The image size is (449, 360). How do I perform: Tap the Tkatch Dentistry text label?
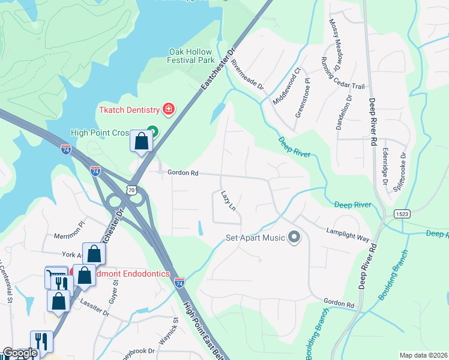click(x=130, y=110)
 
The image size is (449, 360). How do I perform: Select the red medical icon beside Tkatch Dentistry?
click(x=169, y=109)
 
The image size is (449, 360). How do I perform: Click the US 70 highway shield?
click(x=131, y=190)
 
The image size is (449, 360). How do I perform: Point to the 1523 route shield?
click(x=402, y=214)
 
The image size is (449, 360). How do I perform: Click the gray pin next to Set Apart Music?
click(x=294, y=237)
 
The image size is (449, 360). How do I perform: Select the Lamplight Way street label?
click(x=348, y=234)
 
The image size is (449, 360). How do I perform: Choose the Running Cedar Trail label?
click(x=343, y=73)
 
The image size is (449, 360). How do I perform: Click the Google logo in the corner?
click(x=20, y=353)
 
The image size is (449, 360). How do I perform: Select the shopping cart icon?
click(x=55, y=277)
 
